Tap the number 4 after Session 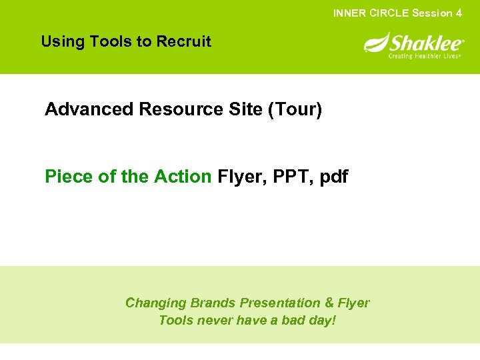[x=459, y=13]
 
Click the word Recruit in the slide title [x=183, y=41]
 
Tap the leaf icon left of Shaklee [x=375, y=44]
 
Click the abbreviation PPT [x=287, y=177]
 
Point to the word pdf [x=333, y=177]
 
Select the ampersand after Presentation [x=327, y=303]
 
